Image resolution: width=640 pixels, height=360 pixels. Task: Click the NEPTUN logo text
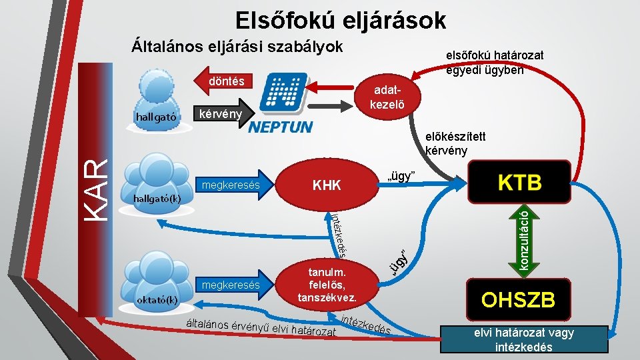click(x=280, y=127)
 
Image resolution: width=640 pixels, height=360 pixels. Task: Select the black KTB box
click(x=519, y=181)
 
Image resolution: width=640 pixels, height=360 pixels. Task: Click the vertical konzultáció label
click(x=526, y=241)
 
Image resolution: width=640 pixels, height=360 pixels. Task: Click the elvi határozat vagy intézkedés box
click(x=523, y=339)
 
